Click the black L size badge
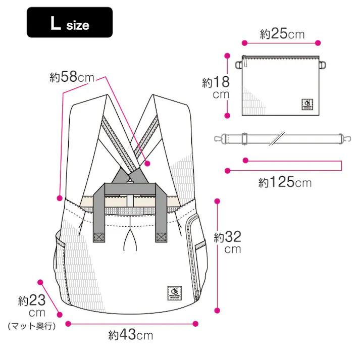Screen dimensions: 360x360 click(x=70, y=22)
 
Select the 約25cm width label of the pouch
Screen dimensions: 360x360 click(x=282, y=34)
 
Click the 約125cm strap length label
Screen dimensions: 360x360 click(x=285, y=182)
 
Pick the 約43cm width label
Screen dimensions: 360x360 click(x=130, y=334)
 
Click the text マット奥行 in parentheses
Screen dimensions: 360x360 click(x=31, y=326)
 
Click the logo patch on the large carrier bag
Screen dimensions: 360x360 click(x=174, y=293)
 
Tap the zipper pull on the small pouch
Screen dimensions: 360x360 click(x=245, y=63)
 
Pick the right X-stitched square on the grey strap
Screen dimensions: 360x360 click(x=162, y=236)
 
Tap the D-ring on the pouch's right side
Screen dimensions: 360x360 click(x=323, y=64)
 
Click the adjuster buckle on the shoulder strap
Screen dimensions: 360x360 click(x=244, y=137)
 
